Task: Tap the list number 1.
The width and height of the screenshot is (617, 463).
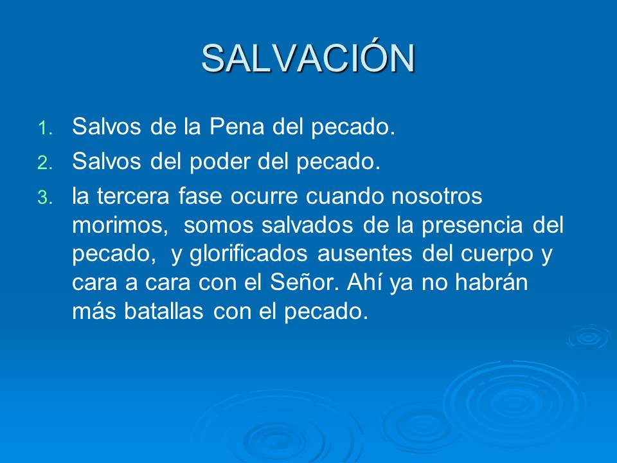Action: [43, 129]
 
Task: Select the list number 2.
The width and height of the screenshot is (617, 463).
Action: [43, 164]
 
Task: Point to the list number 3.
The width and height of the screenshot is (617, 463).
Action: [43, 199]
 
